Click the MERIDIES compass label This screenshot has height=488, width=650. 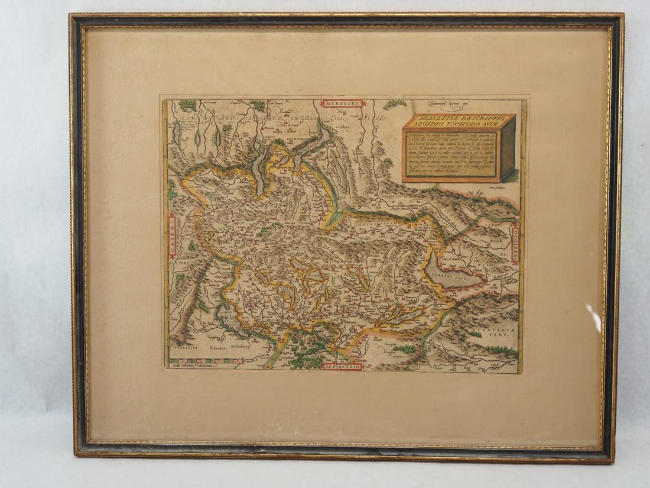coord(343,104)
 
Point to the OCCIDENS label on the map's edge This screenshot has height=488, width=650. coord(515,244)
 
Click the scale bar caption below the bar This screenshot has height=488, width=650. coord(192,367)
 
